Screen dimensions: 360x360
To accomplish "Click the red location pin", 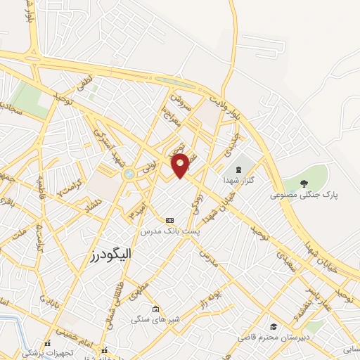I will pyautogui.click(x=181, y=165).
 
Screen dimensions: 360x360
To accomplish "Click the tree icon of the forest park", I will pyautogui.click(x=304, y=184).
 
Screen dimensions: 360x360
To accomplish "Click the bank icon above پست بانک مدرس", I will pyautogui.click(x=168, y=220).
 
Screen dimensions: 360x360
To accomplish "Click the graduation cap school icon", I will pyautogui.click(x=273, y=326).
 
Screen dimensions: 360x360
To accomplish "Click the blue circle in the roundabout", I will pyautogui.click(x=129, y=174).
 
